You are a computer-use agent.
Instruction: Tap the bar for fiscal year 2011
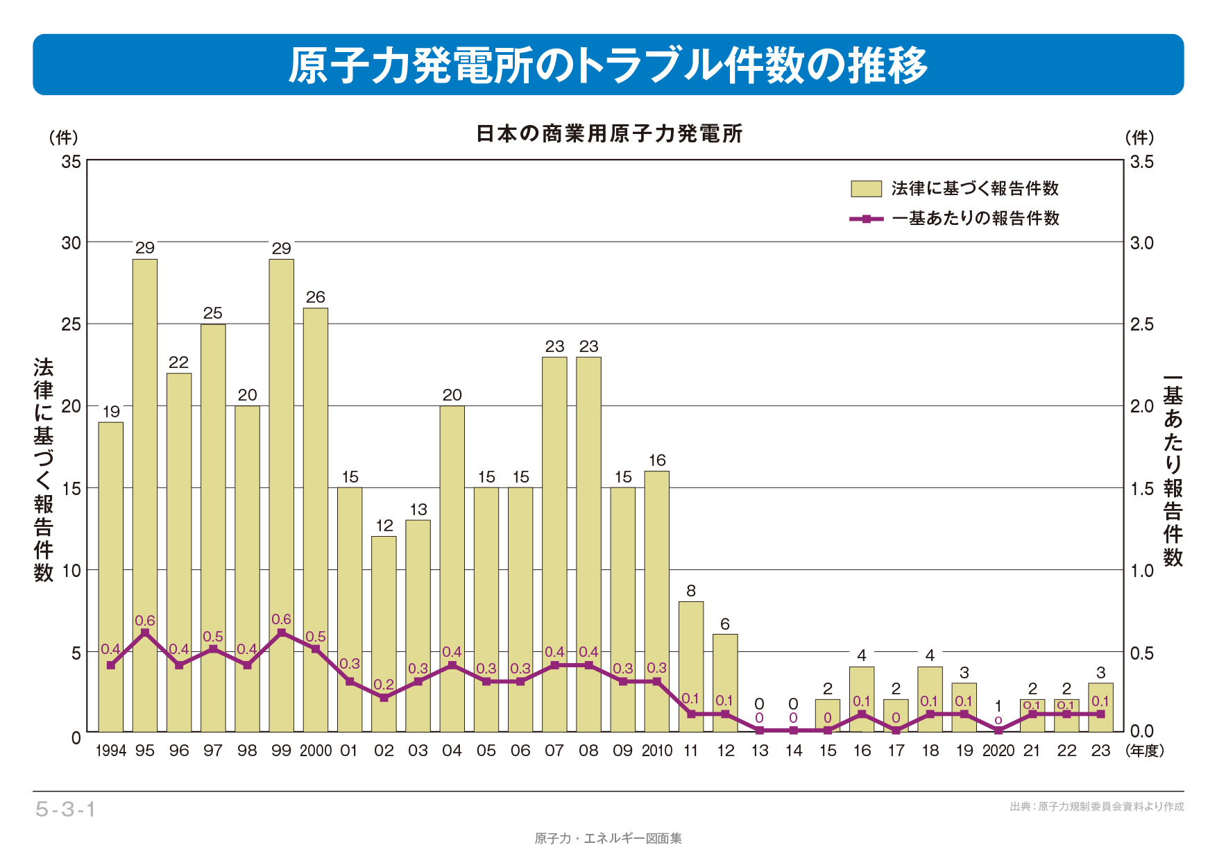click(691, 667)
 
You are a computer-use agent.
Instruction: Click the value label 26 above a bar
click(316, 297)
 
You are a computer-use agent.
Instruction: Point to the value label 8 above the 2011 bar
click(691, 591)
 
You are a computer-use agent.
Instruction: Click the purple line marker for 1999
click(282, 633)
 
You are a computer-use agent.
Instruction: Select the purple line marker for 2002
click(384, 698)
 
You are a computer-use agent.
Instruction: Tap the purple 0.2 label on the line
click(384, 685)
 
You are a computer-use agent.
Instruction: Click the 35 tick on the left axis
click(71, 162)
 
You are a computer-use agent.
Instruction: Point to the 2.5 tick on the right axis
click(1141, 324)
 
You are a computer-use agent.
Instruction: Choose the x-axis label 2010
click(656, 751)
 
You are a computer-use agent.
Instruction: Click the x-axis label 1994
click(111, 751)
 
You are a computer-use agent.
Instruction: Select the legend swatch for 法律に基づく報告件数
click(866, 189)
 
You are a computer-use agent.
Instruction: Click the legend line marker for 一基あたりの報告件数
click(867, 219)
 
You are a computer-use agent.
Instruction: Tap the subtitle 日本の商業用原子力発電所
click(608, 133)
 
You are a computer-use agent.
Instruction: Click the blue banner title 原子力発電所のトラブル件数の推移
click(608, 65)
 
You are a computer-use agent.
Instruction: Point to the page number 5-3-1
click(66, 810)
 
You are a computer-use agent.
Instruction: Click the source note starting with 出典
click(1096, 807)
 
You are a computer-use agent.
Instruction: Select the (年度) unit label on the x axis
click(1145, 751)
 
